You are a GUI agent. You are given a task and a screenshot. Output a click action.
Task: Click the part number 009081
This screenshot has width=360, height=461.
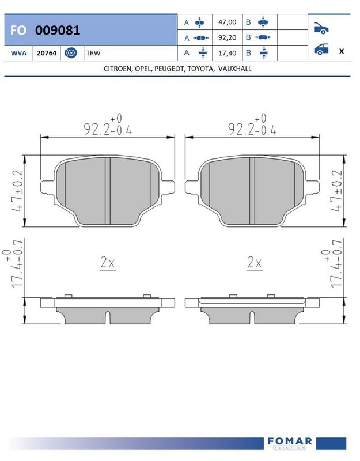[57, 30]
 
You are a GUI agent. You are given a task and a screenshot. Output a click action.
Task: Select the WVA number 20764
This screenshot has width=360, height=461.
[47, 53]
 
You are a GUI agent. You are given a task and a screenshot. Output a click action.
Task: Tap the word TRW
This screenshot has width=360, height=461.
[93, 53]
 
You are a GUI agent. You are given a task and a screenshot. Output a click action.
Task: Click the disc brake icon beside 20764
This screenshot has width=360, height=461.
[70, 53]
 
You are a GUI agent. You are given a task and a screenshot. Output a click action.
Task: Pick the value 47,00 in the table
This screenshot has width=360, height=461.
[227, 22]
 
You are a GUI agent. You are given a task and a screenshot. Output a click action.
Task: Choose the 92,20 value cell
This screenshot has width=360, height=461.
[227, 37]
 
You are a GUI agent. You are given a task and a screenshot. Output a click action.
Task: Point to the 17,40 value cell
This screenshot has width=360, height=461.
[227, 53]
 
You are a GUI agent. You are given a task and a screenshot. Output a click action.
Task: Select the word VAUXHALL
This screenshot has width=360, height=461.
[235, 69]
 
